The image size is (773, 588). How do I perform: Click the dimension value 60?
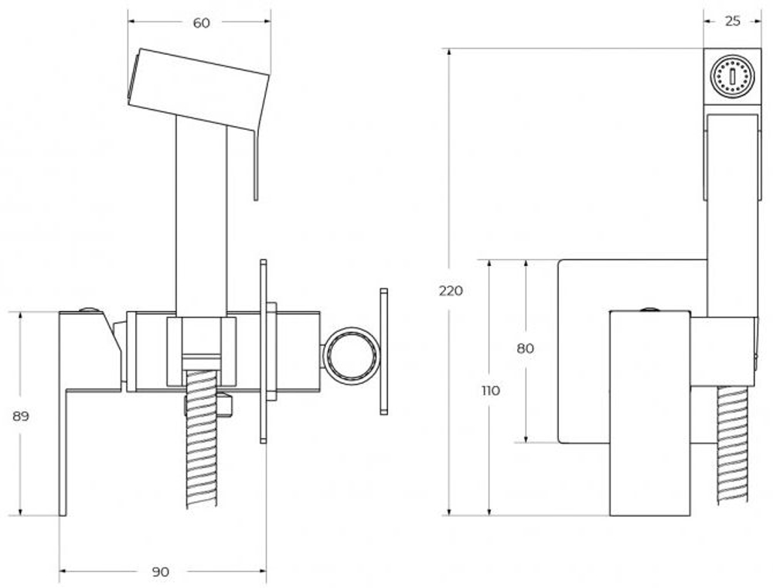tap(201, 23)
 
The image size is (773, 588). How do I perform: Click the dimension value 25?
tap(732, 21)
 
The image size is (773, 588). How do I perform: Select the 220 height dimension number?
tap(451, 291)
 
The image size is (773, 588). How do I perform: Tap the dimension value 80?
tap(526, 348)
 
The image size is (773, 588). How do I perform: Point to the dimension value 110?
tap(490, 391)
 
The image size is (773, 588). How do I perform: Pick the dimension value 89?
tap(21, 416)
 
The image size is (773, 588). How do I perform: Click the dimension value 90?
tap(160, 573)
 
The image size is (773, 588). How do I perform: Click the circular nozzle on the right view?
tap(731, 77)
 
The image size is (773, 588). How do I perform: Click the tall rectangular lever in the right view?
tap(649, 414)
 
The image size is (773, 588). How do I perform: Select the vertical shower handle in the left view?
tap(201, 217)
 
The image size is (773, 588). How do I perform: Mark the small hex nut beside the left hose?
tap(224, 405)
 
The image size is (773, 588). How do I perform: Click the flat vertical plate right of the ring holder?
tap(383, 351)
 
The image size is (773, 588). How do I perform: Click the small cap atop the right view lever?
tap(650, 309)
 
